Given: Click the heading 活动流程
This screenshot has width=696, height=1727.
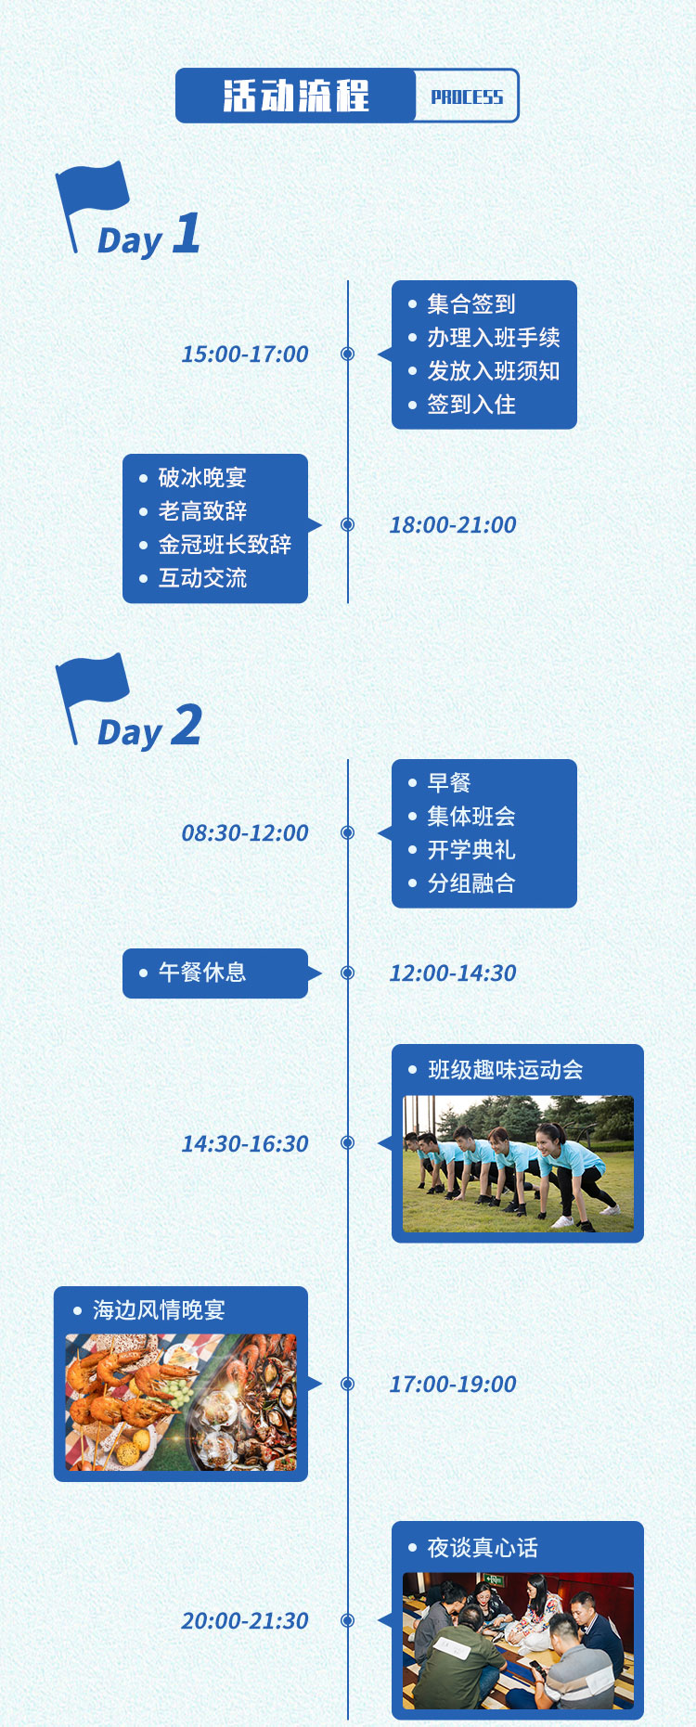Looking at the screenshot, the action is click(296, 96).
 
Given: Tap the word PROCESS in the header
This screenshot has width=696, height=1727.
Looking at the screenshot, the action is click(467, 97).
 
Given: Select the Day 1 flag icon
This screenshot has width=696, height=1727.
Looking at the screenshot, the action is click(91, 206).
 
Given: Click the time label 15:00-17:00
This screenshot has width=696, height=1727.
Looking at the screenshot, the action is click(245, 354).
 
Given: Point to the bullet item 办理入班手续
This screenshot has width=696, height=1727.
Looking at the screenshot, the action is click(494, 338).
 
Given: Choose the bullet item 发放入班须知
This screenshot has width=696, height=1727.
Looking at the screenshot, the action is click(494, 371).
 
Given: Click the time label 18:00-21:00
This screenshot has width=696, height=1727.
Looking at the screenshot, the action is click(453, 524).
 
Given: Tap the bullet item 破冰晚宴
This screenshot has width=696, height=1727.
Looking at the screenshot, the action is click(202, 478).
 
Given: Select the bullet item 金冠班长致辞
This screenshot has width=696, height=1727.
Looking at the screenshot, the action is click(225, 545).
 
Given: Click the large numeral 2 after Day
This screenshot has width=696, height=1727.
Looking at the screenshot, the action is click(187, 725).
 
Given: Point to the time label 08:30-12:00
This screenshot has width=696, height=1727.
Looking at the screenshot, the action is click(245, 832).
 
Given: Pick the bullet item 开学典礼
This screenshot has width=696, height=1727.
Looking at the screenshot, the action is click(471, 850).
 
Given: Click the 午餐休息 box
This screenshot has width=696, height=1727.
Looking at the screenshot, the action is click(215, 973).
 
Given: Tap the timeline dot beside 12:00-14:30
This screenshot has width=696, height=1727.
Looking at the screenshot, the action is click(348, 973).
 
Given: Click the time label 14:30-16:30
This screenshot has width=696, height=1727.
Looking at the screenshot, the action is click(245, 1143).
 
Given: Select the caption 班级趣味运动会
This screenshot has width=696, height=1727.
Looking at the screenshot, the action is click(506, 1070).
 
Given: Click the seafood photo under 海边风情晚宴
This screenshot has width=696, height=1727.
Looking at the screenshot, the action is click(181, 1402).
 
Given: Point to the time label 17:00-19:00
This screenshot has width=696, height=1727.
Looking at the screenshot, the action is click(453, 1384).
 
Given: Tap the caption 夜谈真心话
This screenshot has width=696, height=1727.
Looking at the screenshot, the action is click(483, 1548).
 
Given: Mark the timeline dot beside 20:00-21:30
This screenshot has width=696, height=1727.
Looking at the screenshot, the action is click(348, 1620).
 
